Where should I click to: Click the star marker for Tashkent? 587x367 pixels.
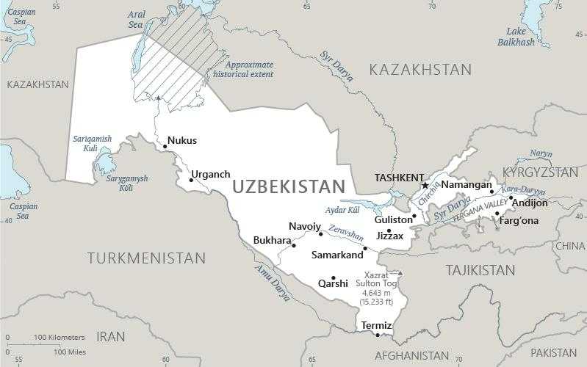[x=425, y=186]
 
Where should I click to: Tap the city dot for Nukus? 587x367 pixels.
[x=165, y=146]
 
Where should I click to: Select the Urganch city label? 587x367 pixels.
[x=210, y=175]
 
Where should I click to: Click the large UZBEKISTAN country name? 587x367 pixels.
[x=288, y=187]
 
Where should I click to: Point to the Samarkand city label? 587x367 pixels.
[x=337, y=255]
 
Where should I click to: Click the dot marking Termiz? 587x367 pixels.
[x=378, y=335]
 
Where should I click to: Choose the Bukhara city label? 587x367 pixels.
[x=272, y=240]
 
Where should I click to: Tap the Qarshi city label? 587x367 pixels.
[x=333, y=283]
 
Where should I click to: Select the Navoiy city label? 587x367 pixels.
[x=304, y=226]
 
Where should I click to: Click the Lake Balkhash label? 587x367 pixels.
[x=516, y=37]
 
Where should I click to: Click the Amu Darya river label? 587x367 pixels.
[x=273, y=283]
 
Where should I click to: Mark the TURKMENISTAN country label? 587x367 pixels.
[x=146, y=258]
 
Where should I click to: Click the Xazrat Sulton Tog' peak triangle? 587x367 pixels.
[x=400, y=273]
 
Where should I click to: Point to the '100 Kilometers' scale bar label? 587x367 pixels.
[x=59, y=338]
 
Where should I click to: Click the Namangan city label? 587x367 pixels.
[x=466, y=185]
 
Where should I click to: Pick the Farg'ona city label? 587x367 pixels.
[x=519, y=220]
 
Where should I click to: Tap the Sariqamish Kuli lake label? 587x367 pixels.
[x=90, y=143]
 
